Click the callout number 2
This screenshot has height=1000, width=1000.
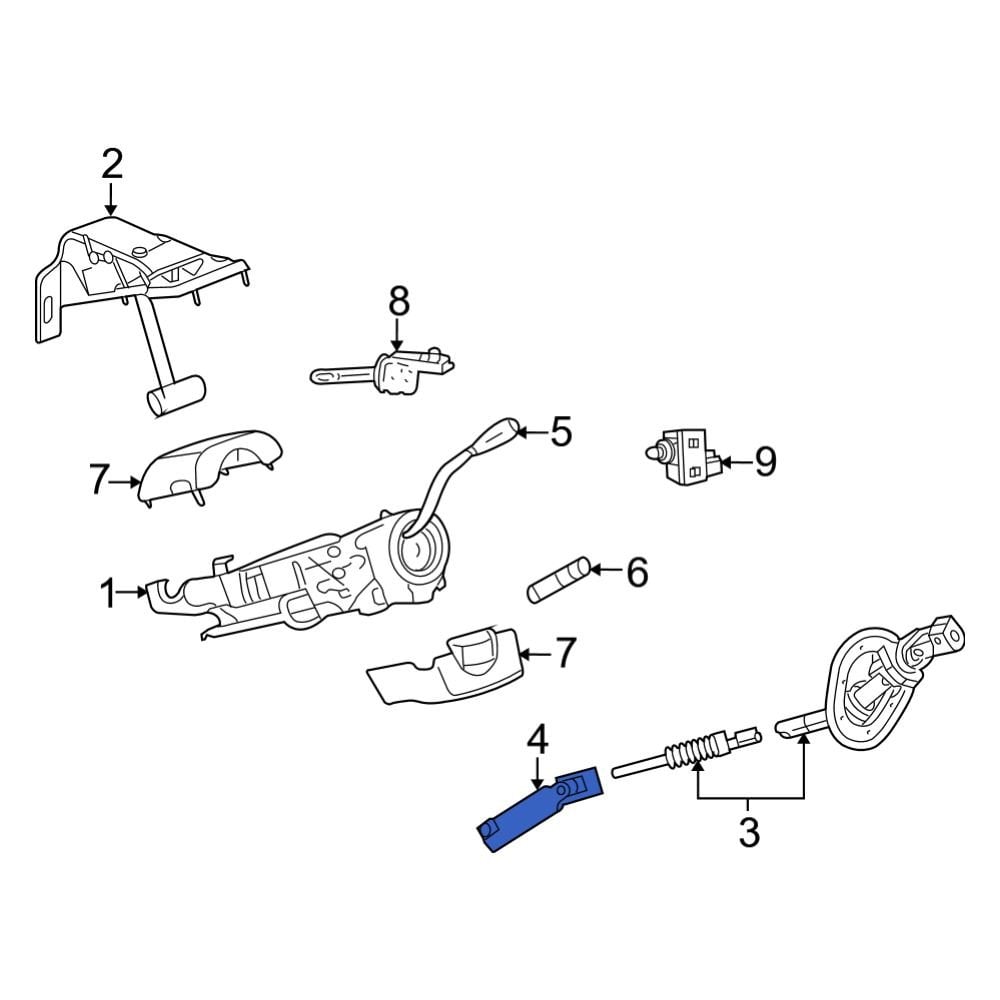click(x=111, y=163)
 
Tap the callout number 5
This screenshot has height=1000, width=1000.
click(x=561, y=433)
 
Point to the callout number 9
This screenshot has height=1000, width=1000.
click(x=765, y=461)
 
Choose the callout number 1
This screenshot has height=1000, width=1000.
click(x=108, y=594)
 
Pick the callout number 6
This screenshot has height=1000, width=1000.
click(x=637, y=572)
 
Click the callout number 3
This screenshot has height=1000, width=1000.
click(x=749, y=831)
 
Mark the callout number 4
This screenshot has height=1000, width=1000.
click(x=537, y=741)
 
